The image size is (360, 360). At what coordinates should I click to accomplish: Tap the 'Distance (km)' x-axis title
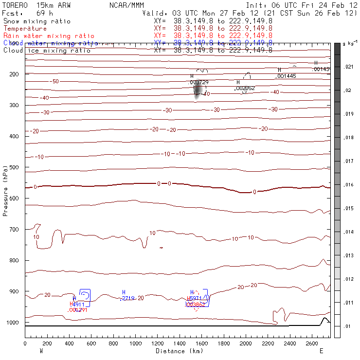point(179,351)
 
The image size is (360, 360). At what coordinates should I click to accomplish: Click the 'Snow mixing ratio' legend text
point(37,21)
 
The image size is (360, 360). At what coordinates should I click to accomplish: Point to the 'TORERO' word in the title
point(16,4)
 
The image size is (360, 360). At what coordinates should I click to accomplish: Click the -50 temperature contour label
point(55,81)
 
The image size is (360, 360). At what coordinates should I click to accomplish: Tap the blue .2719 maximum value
point(127,298)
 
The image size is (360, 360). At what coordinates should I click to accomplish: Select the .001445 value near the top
point(286,76)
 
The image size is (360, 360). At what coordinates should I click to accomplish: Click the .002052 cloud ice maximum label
point(245,89)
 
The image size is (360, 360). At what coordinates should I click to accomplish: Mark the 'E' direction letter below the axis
point(321,351)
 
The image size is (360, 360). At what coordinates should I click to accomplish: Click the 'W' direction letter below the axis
point(40,351)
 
